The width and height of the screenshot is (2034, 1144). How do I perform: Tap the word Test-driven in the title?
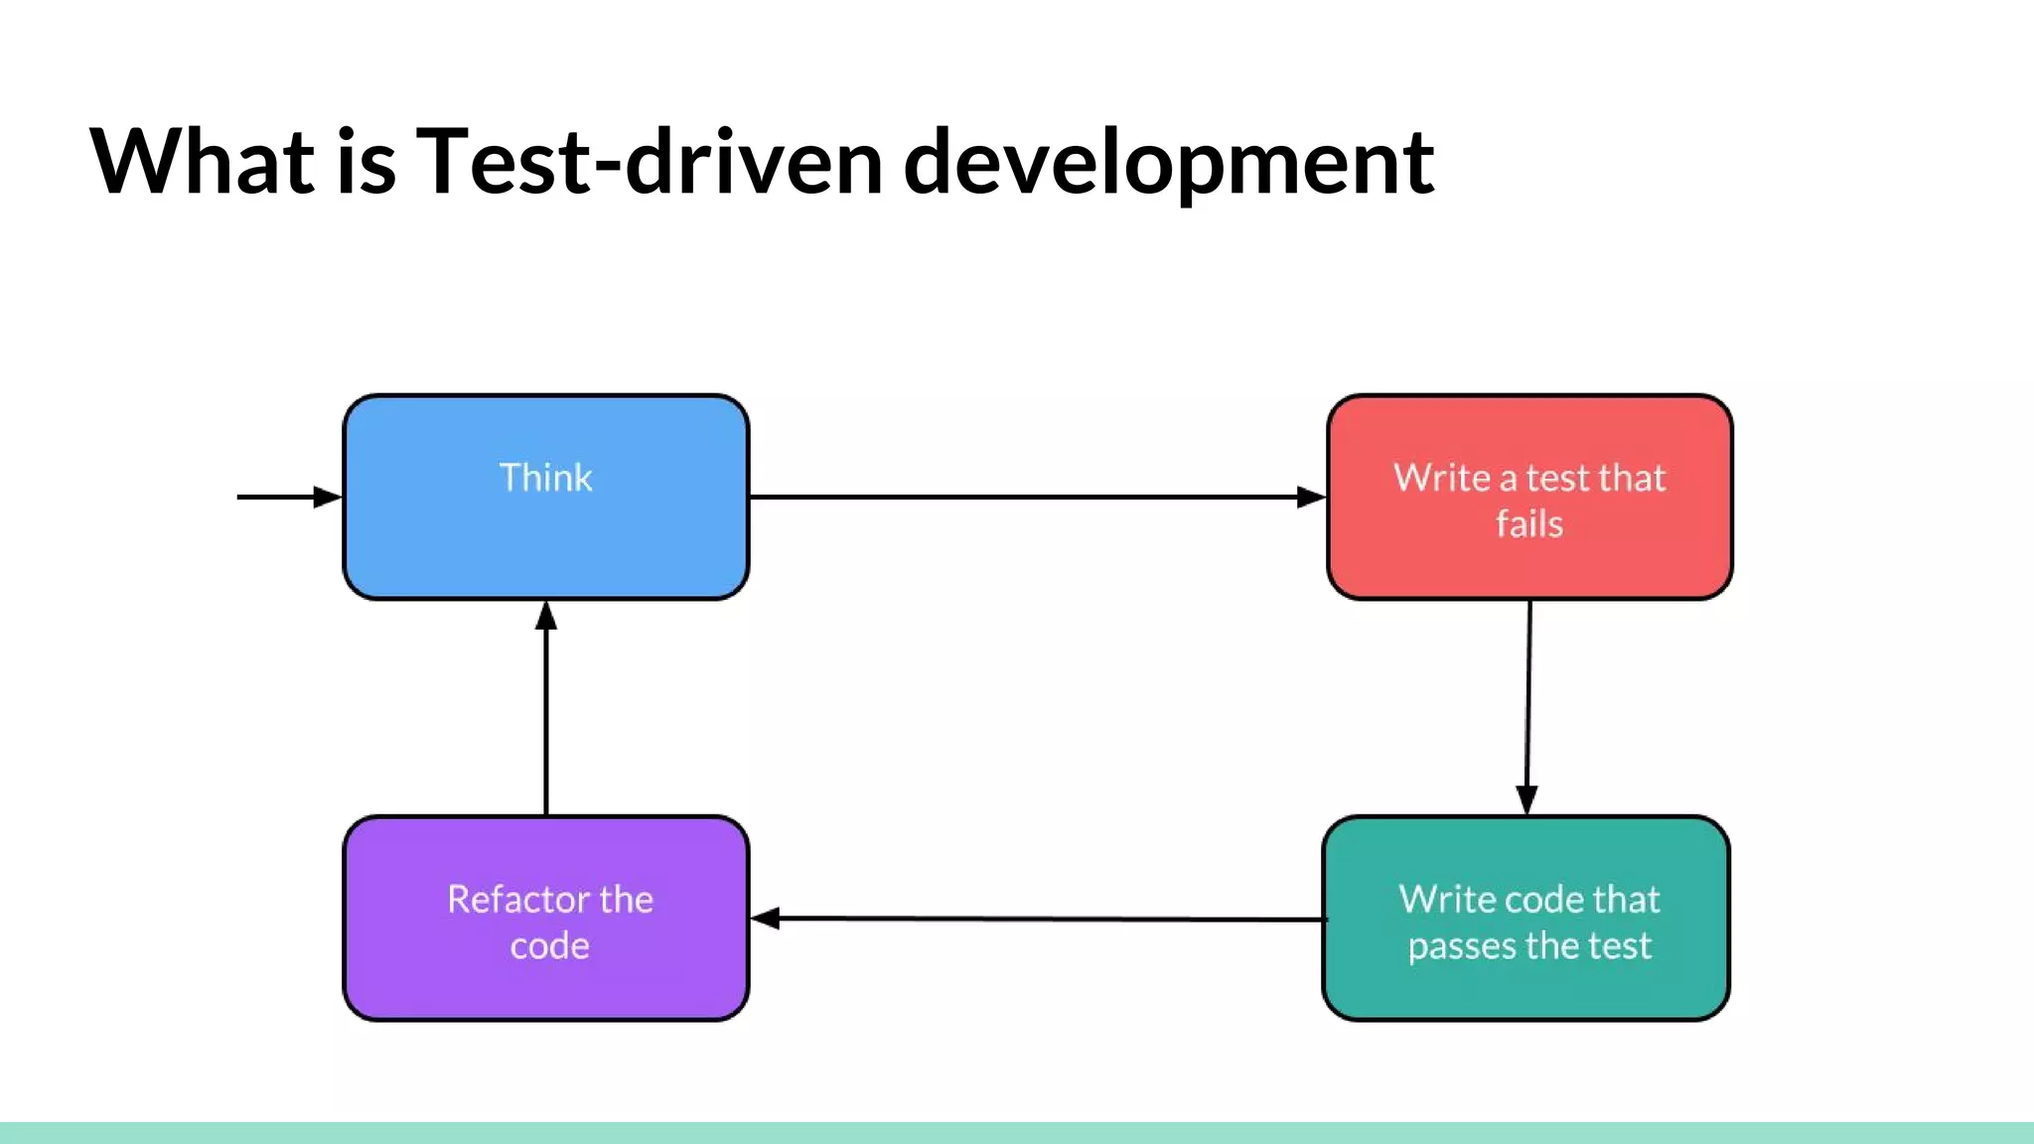click(649, 162)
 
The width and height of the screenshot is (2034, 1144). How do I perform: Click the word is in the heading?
click(365, 162)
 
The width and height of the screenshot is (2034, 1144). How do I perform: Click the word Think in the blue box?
click(545, 478)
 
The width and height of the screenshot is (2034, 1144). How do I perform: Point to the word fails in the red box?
click(1529, 524)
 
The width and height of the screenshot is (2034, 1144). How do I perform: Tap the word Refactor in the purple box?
click(506, 900)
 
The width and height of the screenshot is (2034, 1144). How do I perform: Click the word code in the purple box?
click(549, 946)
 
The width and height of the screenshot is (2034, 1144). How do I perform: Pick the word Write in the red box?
click(1441, 478)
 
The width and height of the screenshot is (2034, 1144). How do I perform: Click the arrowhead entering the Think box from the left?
click(327, 497)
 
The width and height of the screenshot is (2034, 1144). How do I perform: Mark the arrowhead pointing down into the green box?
click(1526, 799)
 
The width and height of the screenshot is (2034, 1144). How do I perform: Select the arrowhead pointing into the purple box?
click(766, 919)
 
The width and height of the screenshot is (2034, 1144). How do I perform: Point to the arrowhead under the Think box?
click(546, 617)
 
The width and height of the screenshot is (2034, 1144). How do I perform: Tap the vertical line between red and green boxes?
click(1528, 695)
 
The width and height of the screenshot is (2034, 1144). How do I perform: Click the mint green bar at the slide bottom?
click(1017, 1133)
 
